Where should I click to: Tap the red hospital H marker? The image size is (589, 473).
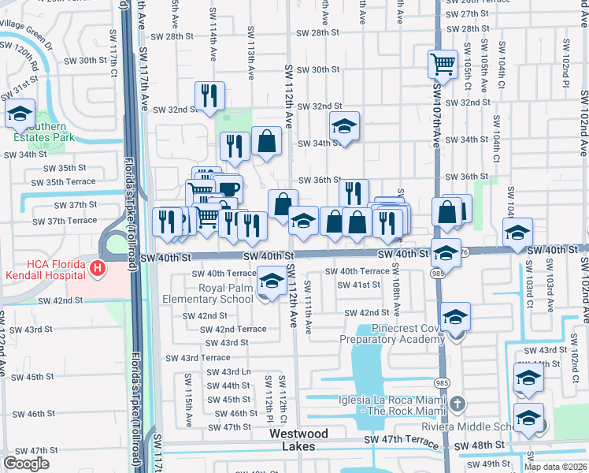98,269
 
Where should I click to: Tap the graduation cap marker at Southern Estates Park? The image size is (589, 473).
20,114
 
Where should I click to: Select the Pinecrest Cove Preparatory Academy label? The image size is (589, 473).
392,333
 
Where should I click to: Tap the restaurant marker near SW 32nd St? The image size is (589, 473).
209,96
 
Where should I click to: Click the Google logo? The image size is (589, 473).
26,464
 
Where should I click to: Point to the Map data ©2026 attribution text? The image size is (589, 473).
556,467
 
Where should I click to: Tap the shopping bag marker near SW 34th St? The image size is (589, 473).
267,141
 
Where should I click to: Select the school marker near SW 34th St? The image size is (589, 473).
344,125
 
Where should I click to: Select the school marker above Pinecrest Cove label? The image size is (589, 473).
454,317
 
